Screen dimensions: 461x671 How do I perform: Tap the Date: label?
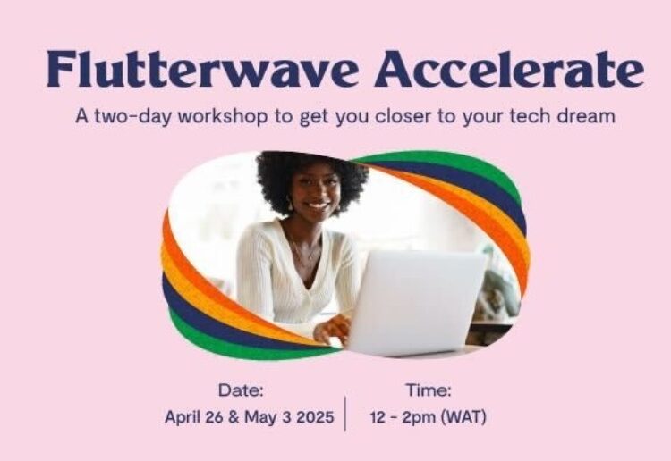coord(241,390)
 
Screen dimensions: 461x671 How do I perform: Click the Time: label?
coord(429,390)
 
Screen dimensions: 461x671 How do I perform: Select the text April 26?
coord(194,417)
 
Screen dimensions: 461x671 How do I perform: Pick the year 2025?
coord(314,417)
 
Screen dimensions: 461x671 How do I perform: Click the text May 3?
coord(267,417)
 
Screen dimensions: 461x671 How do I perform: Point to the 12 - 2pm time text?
coord(401,417)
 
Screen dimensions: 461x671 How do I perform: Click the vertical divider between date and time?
coord(345,413)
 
